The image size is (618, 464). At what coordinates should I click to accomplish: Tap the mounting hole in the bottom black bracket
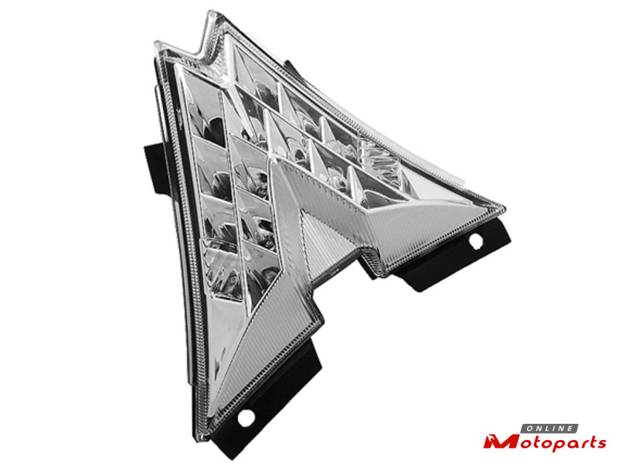(x=246, y=418)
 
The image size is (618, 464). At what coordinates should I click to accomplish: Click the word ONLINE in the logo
(x=550, y=428)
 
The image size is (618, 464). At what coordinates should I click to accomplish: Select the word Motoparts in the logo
(x=545, y=442)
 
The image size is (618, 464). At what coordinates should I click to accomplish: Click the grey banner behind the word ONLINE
(x=550, y=428)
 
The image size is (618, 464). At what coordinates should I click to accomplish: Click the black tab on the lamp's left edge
(x=154, y=169)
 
